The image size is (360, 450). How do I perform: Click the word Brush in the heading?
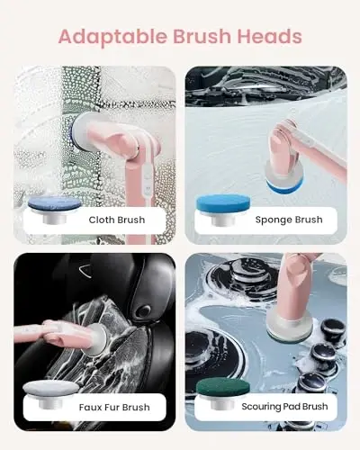tap(200, 37)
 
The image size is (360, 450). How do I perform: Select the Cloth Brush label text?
tap(116, 220)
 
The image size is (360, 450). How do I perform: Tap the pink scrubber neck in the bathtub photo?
tap(279, 135)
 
